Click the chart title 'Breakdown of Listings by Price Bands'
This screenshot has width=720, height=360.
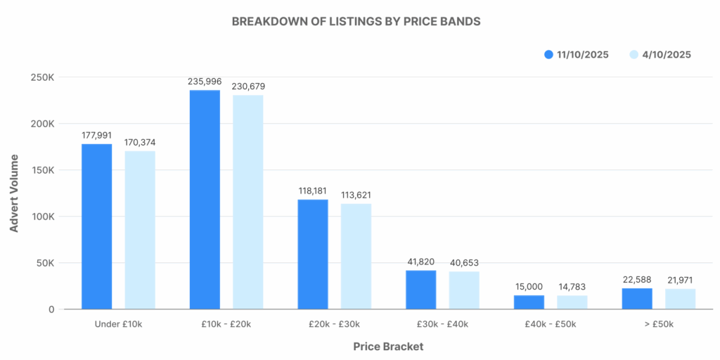[x=356, y=21]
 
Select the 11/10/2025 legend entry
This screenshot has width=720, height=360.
[x=577, y=54]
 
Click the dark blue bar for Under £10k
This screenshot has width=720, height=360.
[x=96, y=226]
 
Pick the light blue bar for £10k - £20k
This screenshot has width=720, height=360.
[x=248, y=202]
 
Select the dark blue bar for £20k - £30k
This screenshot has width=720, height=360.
[x=313, y=255]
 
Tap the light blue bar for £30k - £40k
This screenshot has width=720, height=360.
[x=464, y=290]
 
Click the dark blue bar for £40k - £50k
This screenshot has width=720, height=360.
[x=529, y=302]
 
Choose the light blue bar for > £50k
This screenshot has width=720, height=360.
[x=680, y=299]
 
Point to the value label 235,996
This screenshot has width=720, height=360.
[x=205, y=82]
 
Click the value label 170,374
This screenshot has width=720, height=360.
[x=139, y=143]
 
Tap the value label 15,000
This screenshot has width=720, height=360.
[x=529, y=287]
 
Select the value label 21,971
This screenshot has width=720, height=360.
[x=680, y=281]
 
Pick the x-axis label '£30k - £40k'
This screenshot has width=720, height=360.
[x=442, y=324]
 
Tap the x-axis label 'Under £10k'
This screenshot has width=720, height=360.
[x=118, y=324]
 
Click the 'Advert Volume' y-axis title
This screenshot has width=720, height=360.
[x=14, y=193]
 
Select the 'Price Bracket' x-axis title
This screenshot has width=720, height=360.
[x=388, y=347]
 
